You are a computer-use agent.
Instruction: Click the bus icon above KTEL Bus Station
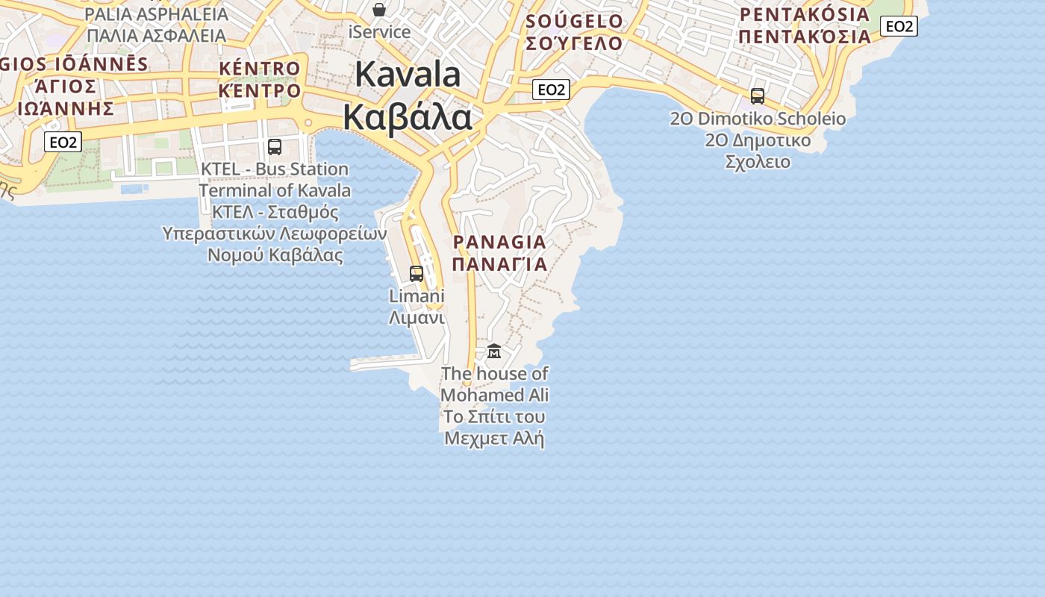click(x=275, y=146)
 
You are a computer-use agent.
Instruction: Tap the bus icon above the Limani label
click(x=417, y=273)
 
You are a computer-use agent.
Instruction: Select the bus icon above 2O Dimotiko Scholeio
click(x=758, y=96)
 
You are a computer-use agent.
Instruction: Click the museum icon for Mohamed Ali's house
click(x=494, y=351)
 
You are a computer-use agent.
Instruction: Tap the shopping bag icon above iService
click(x=379, y=10)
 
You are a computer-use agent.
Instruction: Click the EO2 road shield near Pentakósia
click(x=899, y=27)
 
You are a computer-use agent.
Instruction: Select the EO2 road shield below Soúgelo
click(x=552, y=90)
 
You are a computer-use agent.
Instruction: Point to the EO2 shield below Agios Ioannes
click(x=63, y=142)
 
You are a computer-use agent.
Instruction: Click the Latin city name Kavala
click(x=408, y=75)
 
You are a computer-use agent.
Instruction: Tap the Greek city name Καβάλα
click(x=408, y=118)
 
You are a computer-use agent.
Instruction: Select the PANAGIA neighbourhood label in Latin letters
click(x=500, y=243)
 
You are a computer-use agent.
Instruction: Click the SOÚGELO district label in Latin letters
click(x=574, y=21)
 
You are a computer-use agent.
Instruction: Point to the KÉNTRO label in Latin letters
click(x=260, y=69)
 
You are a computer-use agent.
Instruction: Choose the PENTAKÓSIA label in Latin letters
click(x=805, y=14)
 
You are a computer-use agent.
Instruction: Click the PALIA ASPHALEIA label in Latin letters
click(x=156, y=14)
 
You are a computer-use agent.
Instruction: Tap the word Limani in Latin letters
click(x=417, y=296)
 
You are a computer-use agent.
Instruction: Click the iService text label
click(x=379, y=32)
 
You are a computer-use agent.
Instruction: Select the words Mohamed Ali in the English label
click(x=494, y=395)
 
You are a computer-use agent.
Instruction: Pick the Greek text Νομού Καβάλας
click(x=275, y=255)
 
